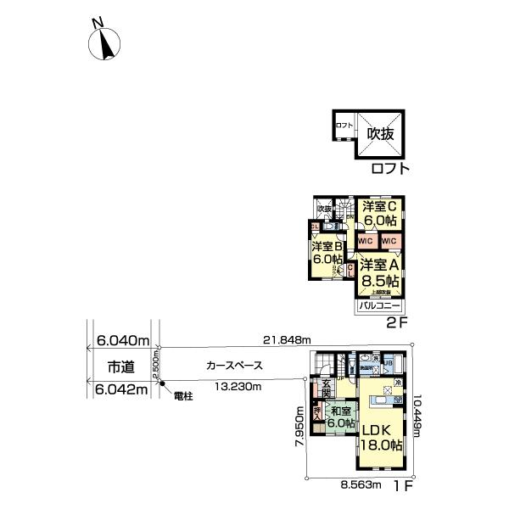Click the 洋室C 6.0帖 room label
coord(381,213)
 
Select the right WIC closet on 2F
coord(390,242)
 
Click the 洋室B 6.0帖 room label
coord(326,252)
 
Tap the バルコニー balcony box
coord(378,304)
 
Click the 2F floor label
coord(398,322)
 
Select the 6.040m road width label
coord(120,340)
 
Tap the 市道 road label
coord(119,366)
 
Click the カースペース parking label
coord(234,366)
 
